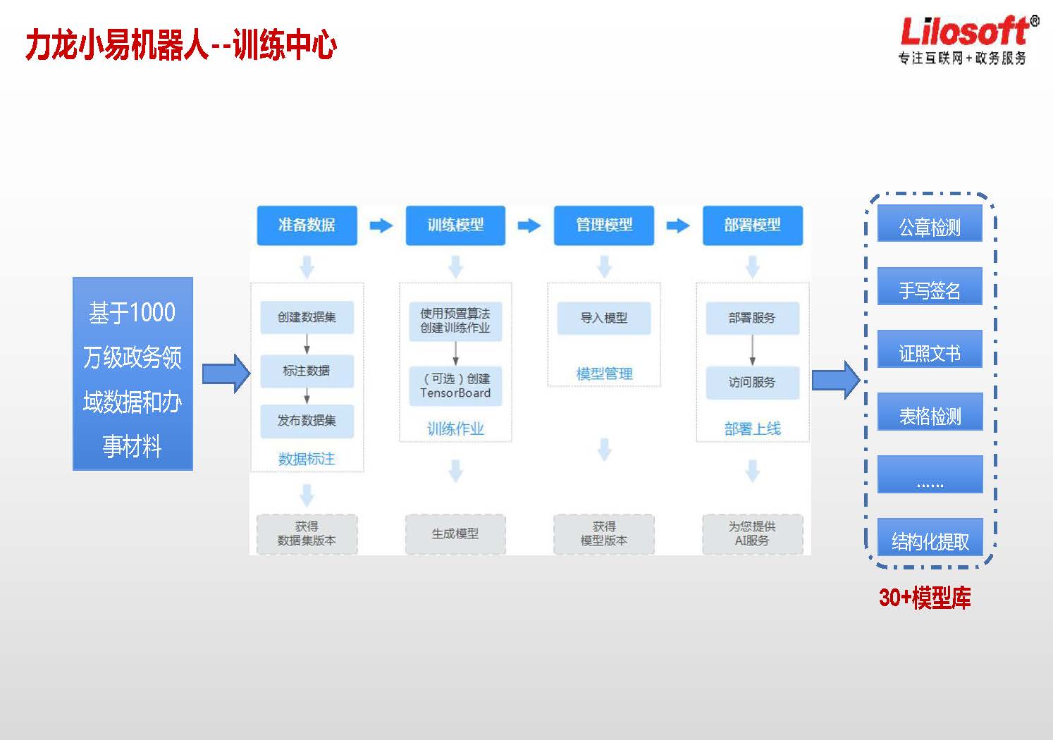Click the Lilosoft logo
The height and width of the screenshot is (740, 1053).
coord(968,39)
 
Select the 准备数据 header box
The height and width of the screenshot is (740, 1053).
coord(307,226)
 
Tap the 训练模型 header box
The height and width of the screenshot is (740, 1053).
coord(455,226)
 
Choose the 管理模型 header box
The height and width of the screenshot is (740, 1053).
coord(604,226)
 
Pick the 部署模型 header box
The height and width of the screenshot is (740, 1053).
coord(753,226)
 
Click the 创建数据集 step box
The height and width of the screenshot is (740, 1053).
coord(307,317)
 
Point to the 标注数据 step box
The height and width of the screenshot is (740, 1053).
coord(307,371)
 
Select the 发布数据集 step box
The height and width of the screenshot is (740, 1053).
coord(307,421)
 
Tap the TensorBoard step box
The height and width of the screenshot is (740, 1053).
coord(455,386)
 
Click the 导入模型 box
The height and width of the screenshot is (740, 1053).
coord(604,319)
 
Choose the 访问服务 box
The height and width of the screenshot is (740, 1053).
coord(753,383)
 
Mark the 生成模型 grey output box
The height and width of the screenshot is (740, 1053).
coord(455,534)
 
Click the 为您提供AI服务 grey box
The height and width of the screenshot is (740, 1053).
coord(753,534)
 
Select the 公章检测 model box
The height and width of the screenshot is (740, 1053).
coord(930,223)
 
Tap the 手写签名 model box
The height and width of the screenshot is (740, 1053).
coord(930,286)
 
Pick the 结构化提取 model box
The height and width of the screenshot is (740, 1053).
coord(930,537)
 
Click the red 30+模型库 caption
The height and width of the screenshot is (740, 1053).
coord(925,598)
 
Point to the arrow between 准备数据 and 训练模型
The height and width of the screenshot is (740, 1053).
coord(381,226)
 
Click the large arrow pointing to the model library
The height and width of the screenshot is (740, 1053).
coord(837,380)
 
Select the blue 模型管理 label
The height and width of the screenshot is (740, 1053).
coord(604,374)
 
